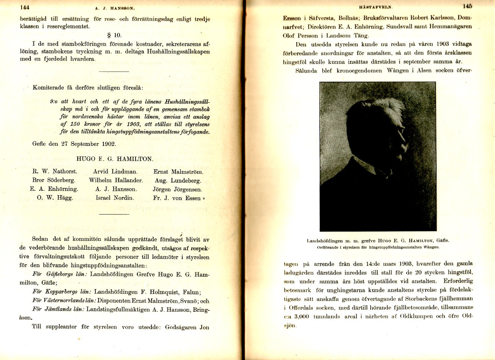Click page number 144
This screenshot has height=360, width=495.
tap(25, 7)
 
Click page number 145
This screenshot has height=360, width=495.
tap(467, 6)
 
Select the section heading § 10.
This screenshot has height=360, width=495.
tap(114, 35)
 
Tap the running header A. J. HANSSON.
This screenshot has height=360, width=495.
tap(115, 8)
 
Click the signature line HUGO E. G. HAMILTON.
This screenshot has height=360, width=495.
tap(114, 159)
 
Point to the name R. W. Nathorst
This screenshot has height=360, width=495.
tap(55, 171)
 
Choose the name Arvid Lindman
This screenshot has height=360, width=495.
tap(115, 171)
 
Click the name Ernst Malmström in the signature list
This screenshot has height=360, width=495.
tap(178, 172)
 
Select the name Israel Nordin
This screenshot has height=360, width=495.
tap(115, 198)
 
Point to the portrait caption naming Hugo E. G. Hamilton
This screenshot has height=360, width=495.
tap(378, 240)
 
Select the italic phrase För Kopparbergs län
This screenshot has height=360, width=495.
tap(62, 292)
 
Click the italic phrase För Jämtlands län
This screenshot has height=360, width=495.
tap(58, 309)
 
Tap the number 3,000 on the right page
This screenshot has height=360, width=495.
tap(302, 317)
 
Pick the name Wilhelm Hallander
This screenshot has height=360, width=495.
tap(116, 180)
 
